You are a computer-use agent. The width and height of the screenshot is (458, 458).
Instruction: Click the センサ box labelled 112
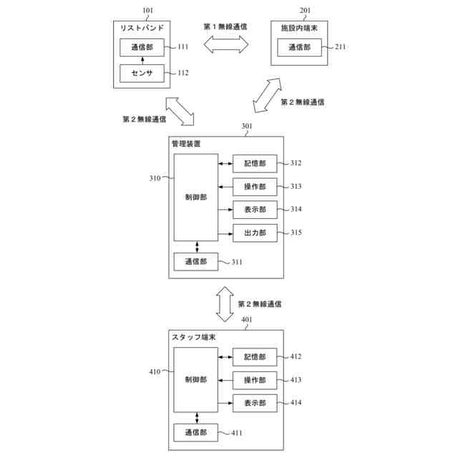[x=142, y=73]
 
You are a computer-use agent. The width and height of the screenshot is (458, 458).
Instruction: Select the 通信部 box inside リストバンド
[x=142, y=47]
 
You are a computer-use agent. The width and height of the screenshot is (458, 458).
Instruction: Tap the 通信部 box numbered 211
[x=299, y=47]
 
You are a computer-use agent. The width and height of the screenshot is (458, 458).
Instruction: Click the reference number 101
[x=148, y=11]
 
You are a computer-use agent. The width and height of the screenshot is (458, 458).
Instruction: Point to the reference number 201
[x=305, y=11]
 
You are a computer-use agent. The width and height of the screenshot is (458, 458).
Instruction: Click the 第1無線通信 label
[x=225, y=27]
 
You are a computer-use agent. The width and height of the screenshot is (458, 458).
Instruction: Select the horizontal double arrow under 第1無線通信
[x=226, y=44]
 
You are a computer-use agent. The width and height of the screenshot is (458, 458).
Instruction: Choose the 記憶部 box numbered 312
[x=255, y=164]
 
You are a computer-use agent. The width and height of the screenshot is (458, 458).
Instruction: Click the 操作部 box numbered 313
[x=255, y=187]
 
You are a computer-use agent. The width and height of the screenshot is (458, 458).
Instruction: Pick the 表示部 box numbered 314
[x=255, y=210]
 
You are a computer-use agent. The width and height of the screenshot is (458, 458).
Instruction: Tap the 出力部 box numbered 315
[x=255, y=233]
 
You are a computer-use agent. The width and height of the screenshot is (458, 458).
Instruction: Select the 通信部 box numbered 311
[x=196, y=262]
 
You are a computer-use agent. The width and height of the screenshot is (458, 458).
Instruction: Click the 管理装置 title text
[x=186, y=144]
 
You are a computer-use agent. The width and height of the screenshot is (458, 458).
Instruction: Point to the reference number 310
[x=155, y=178]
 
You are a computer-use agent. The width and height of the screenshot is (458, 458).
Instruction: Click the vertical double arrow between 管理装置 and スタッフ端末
[x=225, y=304]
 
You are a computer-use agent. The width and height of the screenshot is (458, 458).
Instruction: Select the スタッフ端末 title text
[x=194, y=337]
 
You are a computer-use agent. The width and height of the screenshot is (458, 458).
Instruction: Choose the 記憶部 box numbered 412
[x=255, y=357]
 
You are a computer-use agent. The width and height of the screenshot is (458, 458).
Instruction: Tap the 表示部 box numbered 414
[x=255, y=403]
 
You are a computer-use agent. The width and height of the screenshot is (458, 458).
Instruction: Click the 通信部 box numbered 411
[x=195, y=432]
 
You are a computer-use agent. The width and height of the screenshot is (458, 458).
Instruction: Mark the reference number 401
[x=246, y=320]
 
